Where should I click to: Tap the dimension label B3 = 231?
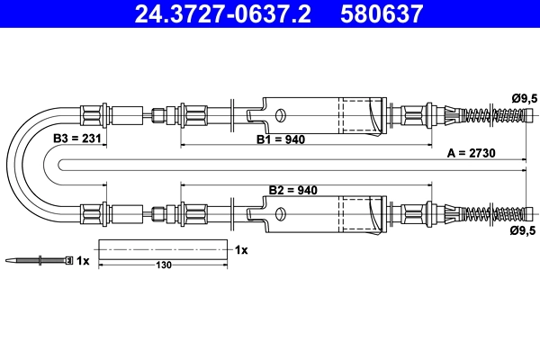(76, 139)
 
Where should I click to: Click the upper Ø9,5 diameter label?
(524, 96)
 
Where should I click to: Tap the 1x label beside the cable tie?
(84, 261)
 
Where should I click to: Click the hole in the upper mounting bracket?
(280, 115)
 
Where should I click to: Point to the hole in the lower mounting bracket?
(280, 214)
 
